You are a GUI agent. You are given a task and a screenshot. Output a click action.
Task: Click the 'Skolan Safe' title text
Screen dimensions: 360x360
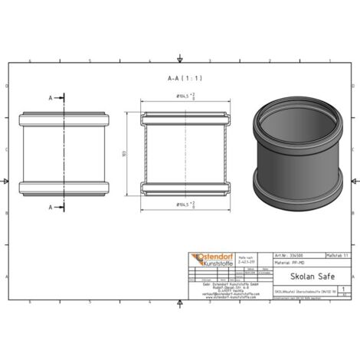click(302, 280)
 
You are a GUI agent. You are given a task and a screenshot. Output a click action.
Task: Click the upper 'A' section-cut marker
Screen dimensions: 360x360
click(51, 98)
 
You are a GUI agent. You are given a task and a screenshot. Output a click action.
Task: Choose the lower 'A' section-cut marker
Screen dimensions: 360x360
click(51, 208)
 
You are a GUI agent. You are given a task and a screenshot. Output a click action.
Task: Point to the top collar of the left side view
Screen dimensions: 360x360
click(65, 119)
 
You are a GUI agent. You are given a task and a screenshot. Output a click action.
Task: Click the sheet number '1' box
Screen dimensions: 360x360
click(339, 290)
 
